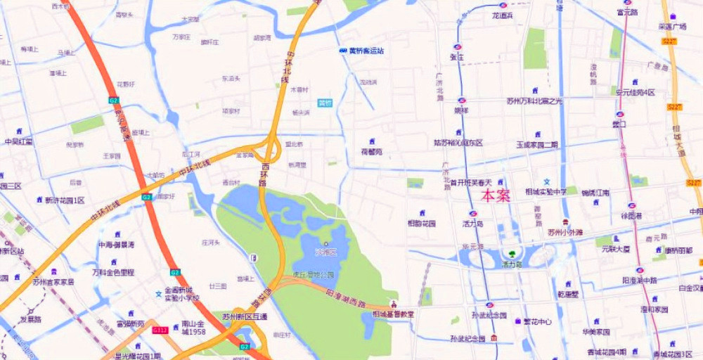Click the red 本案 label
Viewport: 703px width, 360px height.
(x=495, y=196)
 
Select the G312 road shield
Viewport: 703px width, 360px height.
(x=160, y=329)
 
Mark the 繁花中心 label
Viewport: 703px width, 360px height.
(x=536, y=321)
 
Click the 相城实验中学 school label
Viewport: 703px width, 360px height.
(x=547, y=191)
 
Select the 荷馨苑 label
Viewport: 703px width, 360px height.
(x=371, y=151)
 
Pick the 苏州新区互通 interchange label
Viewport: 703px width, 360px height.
(x=245, y=317)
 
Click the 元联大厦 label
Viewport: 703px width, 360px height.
(x=616, y=248)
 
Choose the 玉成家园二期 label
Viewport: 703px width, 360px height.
(x=536, y=144)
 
